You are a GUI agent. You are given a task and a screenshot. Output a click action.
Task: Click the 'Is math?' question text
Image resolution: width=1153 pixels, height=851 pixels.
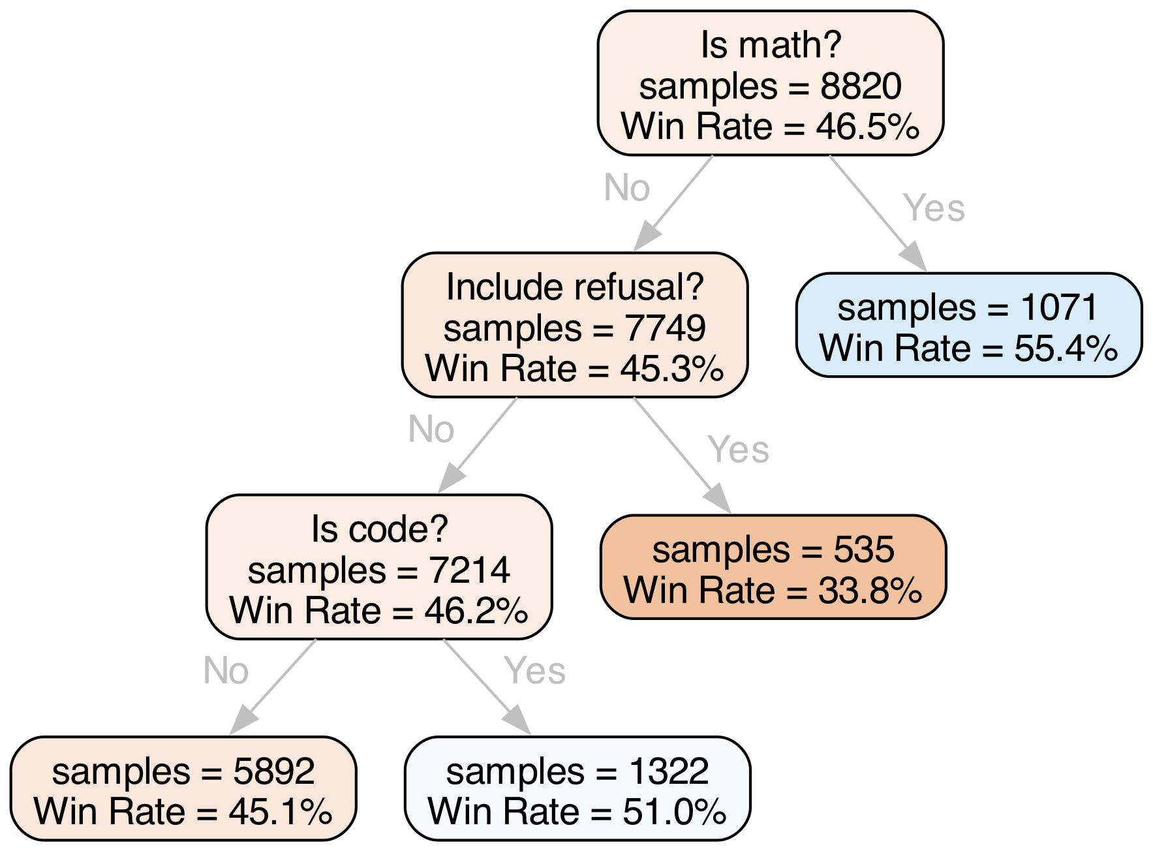[x=771, y=46]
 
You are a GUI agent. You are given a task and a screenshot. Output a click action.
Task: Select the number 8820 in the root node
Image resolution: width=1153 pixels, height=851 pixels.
[x=861, y=86]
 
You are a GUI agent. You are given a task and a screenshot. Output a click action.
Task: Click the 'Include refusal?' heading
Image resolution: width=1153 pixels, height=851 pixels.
[x=574, y=287]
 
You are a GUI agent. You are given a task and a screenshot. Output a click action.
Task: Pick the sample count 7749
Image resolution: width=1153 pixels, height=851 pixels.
[x=665, y=328]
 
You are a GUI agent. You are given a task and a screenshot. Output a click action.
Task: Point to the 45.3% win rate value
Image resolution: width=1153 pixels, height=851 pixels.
[x=671, y=369]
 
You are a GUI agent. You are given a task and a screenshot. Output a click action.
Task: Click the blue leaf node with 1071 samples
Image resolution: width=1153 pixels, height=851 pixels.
[x=968, y=325]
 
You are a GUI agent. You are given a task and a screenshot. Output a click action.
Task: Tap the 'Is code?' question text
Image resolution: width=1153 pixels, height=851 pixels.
[x=379, y=529]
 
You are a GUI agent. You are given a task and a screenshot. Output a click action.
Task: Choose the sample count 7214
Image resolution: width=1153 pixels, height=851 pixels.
[x=469, y=570]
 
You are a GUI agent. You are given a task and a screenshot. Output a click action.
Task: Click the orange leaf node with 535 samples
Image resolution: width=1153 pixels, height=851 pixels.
[x=773, y=567]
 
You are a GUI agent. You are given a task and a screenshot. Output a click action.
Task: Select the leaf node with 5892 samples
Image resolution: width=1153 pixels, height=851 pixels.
[x=183, y=788]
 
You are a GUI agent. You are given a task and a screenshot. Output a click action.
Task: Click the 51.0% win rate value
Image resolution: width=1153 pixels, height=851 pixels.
[x=674, y=812]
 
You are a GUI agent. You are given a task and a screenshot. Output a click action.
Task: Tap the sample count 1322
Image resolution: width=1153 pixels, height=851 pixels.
[x=668, y=771]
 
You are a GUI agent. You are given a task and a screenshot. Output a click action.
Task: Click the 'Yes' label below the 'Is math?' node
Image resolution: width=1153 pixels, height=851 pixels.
[x=934, y=208]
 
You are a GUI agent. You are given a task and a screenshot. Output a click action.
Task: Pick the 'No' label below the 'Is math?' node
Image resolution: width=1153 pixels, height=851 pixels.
[x=627, y=188]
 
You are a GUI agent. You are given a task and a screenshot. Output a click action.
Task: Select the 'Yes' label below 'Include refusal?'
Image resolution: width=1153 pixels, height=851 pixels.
[x=738, y=450]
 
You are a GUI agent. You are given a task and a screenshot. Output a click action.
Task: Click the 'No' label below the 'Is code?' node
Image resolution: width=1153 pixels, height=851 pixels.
[x=226, y=670]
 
